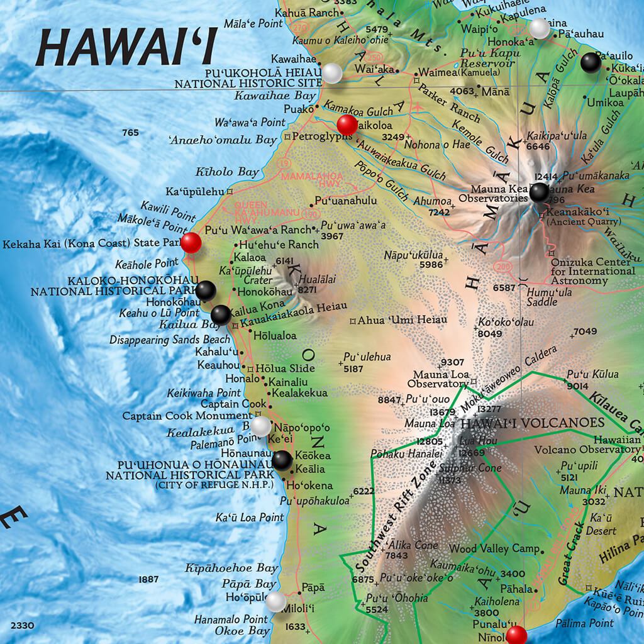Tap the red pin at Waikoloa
click(x=347, y=124)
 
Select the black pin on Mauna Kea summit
click(x=539, y=192)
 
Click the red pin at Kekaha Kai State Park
click(x=191, y=242)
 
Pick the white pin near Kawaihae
click(x=332, y=73)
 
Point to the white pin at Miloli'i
click(x=275, y=602)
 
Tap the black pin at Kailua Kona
click(x=220, y=314)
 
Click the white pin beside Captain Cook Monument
click(x=261, y=426)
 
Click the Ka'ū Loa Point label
click(x=250, y=517)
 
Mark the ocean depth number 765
click(x=130, y=133)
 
